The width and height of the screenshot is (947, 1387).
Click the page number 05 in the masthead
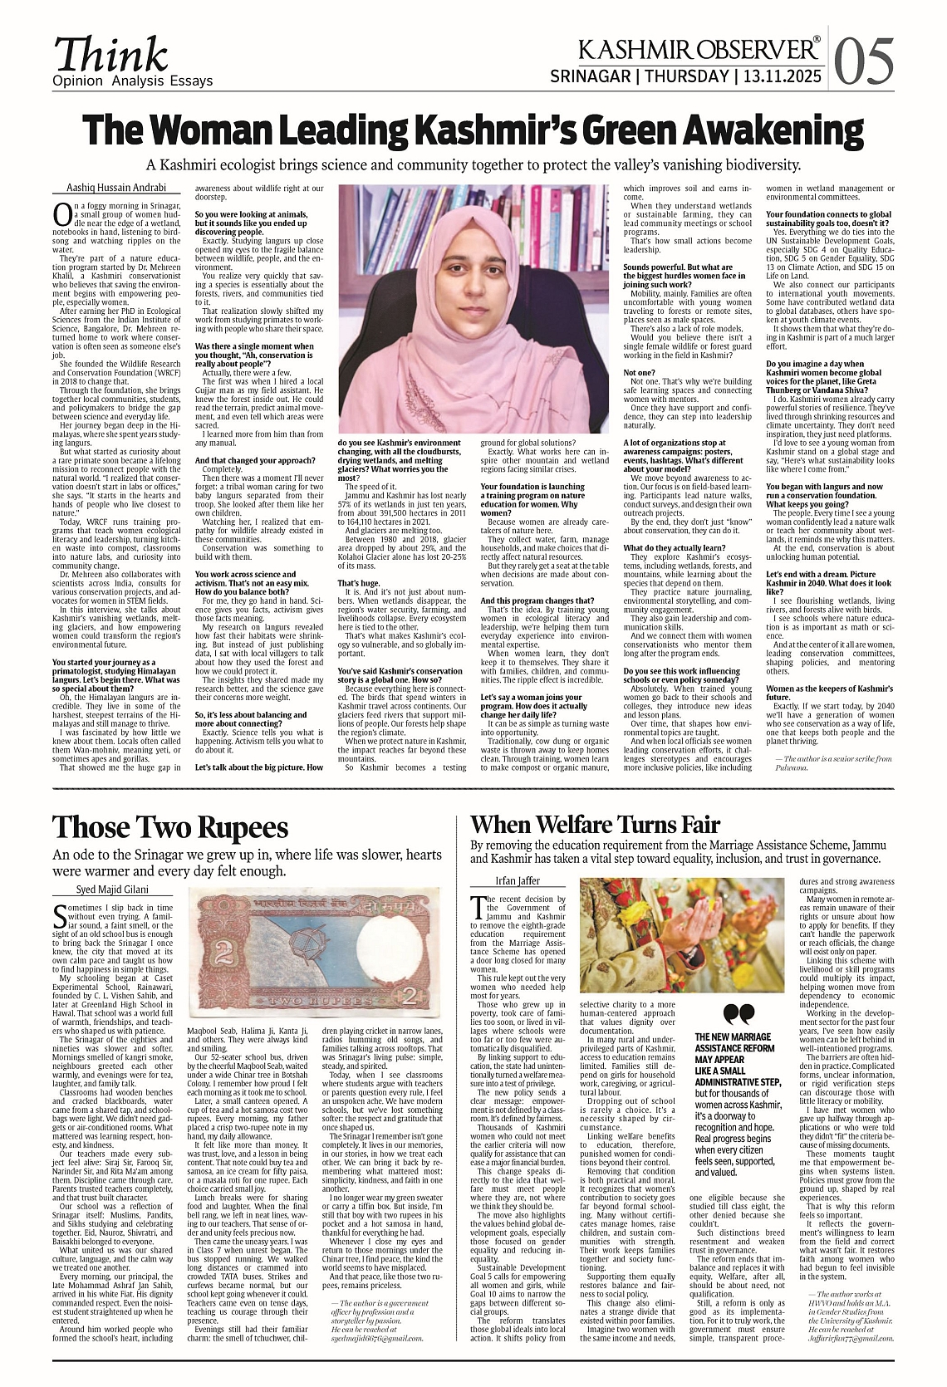click(864, 61)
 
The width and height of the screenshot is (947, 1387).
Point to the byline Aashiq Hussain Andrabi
click(116, 189)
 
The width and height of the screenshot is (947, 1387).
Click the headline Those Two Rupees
click(170, 828)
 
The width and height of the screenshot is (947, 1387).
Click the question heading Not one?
click(639, 373)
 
